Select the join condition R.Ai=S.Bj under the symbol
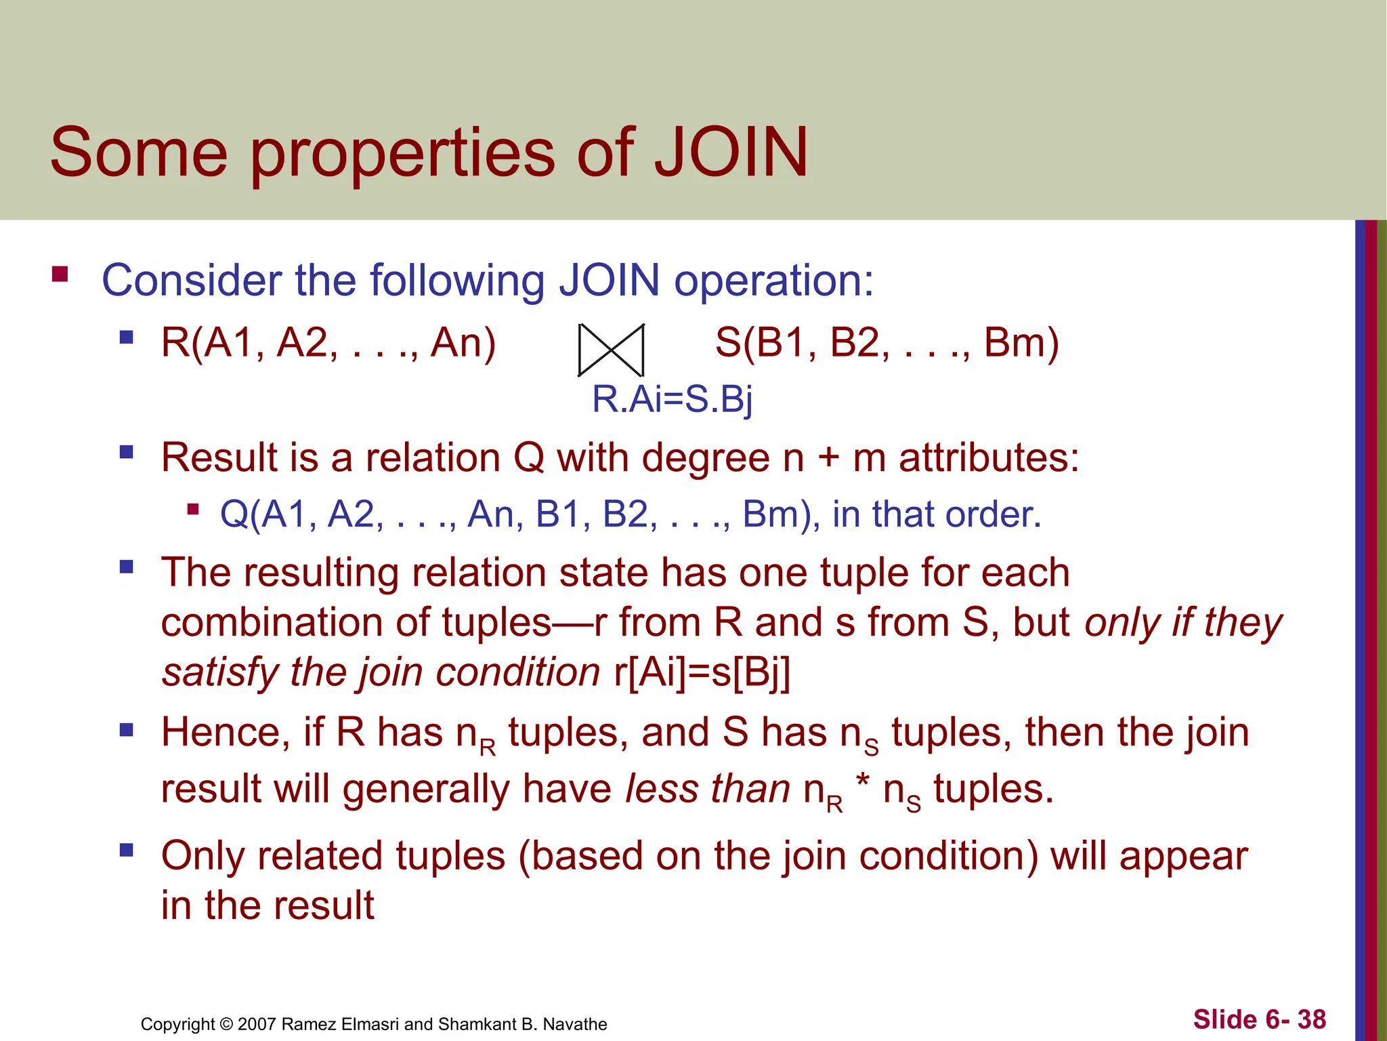point(672,399)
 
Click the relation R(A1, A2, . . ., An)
point(328,343)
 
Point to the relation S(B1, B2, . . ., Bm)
point(887,343)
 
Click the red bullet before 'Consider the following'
point(60,274)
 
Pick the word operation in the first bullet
point(773,281)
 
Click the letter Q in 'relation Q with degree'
point(529,457)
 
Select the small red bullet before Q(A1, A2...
point(194,509)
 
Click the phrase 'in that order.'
point(937,514)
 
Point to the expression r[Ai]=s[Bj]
point(702,673)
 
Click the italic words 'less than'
point(707,790)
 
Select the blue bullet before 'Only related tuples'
point(126,851)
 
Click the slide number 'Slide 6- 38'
point(1259,1019)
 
